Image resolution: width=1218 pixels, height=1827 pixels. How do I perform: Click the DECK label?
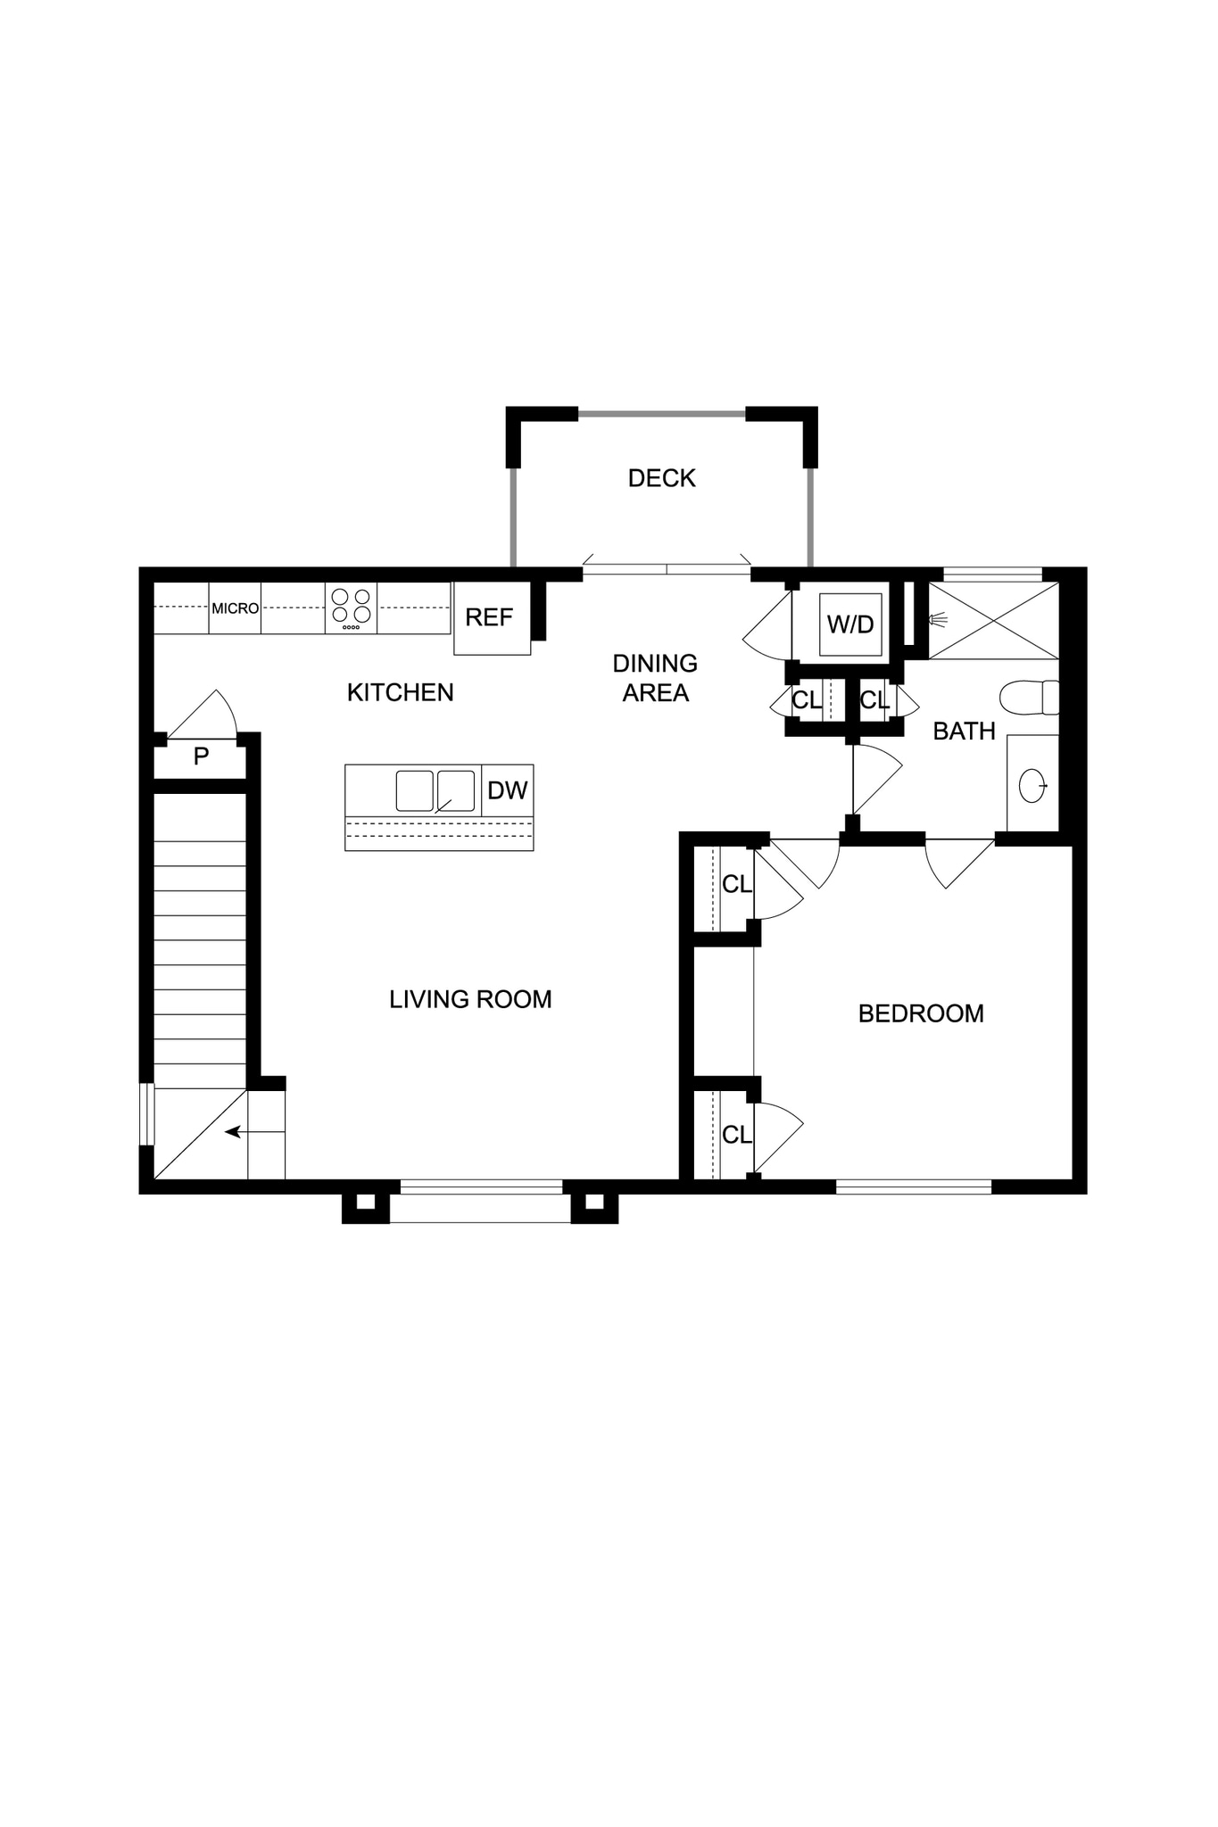pos(661,478)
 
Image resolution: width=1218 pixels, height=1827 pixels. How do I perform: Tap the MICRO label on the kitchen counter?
pos(235,608)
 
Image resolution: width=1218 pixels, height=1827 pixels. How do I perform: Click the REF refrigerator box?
pos(491,617)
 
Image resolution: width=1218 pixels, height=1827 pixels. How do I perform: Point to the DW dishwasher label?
pos(507,790)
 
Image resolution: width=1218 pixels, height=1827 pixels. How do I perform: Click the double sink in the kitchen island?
pos(435,790)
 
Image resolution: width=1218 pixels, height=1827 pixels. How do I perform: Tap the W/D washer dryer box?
pos(850,624)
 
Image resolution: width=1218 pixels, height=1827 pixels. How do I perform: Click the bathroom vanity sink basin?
pos(1032,785)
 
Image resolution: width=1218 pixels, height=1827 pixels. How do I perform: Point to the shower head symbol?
pos(937,619)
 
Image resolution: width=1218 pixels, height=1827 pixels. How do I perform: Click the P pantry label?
pos(202,757)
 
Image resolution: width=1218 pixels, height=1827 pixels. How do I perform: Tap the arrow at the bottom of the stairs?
pos(234,1132)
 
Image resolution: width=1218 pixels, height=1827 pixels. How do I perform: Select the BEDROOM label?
pos(921,1013)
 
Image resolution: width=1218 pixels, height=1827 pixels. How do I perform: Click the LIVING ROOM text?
pos(470,999)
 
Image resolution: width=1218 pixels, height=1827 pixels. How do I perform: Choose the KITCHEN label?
pos(400,692)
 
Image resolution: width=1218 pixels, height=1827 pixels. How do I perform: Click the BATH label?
pos(964,732)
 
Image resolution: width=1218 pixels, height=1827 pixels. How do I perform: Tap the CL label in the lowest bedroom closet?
pos(736,1135)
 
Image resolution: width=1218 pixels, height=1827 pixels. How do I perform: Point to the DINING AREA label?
pos(655,678)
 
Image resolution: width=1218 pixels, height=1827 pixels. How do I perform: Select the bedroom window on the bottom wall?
pos(913,1186)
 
